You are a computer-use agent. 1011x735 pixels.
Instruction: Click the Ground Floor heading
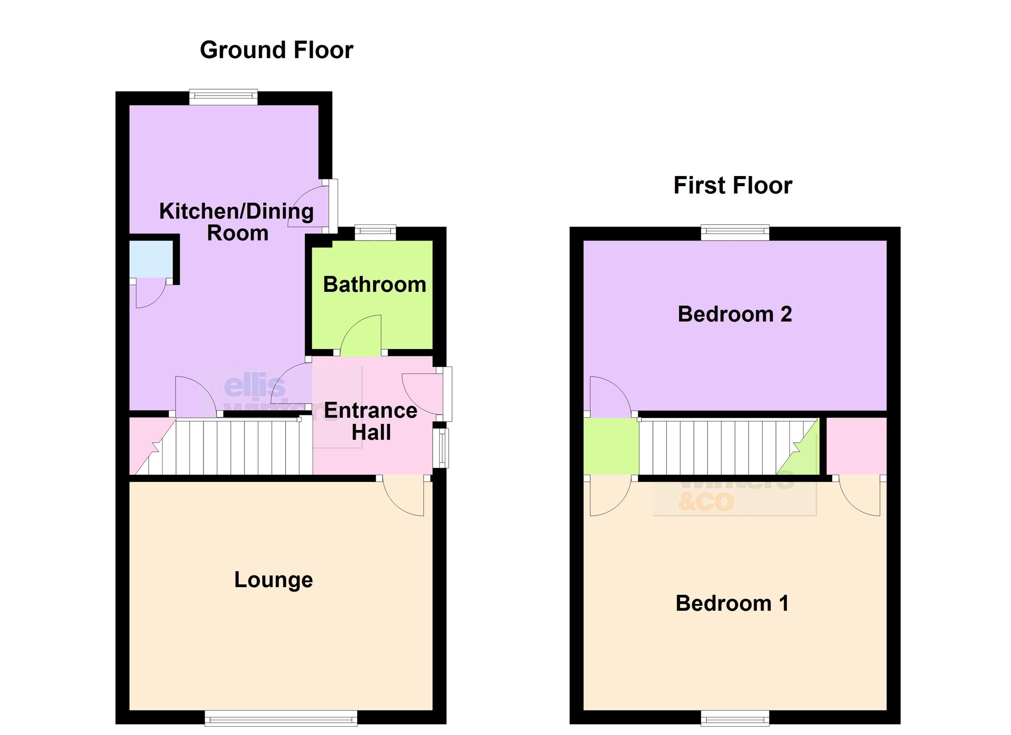click(276, 50)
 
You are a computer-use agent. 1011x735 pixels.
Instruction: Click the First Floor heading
click(733, 185)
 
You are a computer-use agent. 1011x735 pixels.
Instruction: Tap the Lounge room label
click(273, 580)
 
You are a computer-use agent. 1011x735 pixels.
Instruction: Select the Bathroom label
click(374, 285)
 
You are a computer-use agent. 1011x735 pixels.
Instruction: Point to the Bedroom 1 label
click(732, 604)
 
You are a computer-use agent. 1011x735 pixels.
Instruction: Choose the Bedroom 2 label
click(735, 314)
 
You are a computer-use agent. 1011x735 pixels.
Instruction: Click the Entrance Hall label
click(371, 421)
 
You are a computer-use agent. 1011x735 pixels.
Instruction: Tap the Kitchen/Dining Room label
click(237, 222)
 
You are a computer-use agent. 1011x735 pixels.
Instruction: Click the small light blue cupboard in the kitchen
click(151, 259)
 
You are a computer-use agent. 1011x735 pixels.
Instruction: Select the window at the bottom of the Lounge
click(281, 718)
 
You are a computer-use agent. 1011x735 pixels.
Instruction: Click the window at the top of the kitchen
click(223, 97)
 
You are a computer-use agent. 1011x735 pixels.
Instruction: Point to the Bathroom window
click(375, 233)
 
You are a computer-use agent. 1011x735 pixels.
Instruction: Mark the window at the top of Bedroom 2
click(735, 233)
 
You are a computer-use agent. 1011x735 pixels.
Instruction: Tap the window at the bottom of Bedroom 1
click(735, 718)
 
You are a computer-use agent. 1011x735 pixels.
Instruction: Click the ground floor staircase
click(232, 447)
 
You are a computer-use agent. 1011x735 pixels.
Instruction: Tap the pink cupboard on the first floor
click(856, 446)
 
